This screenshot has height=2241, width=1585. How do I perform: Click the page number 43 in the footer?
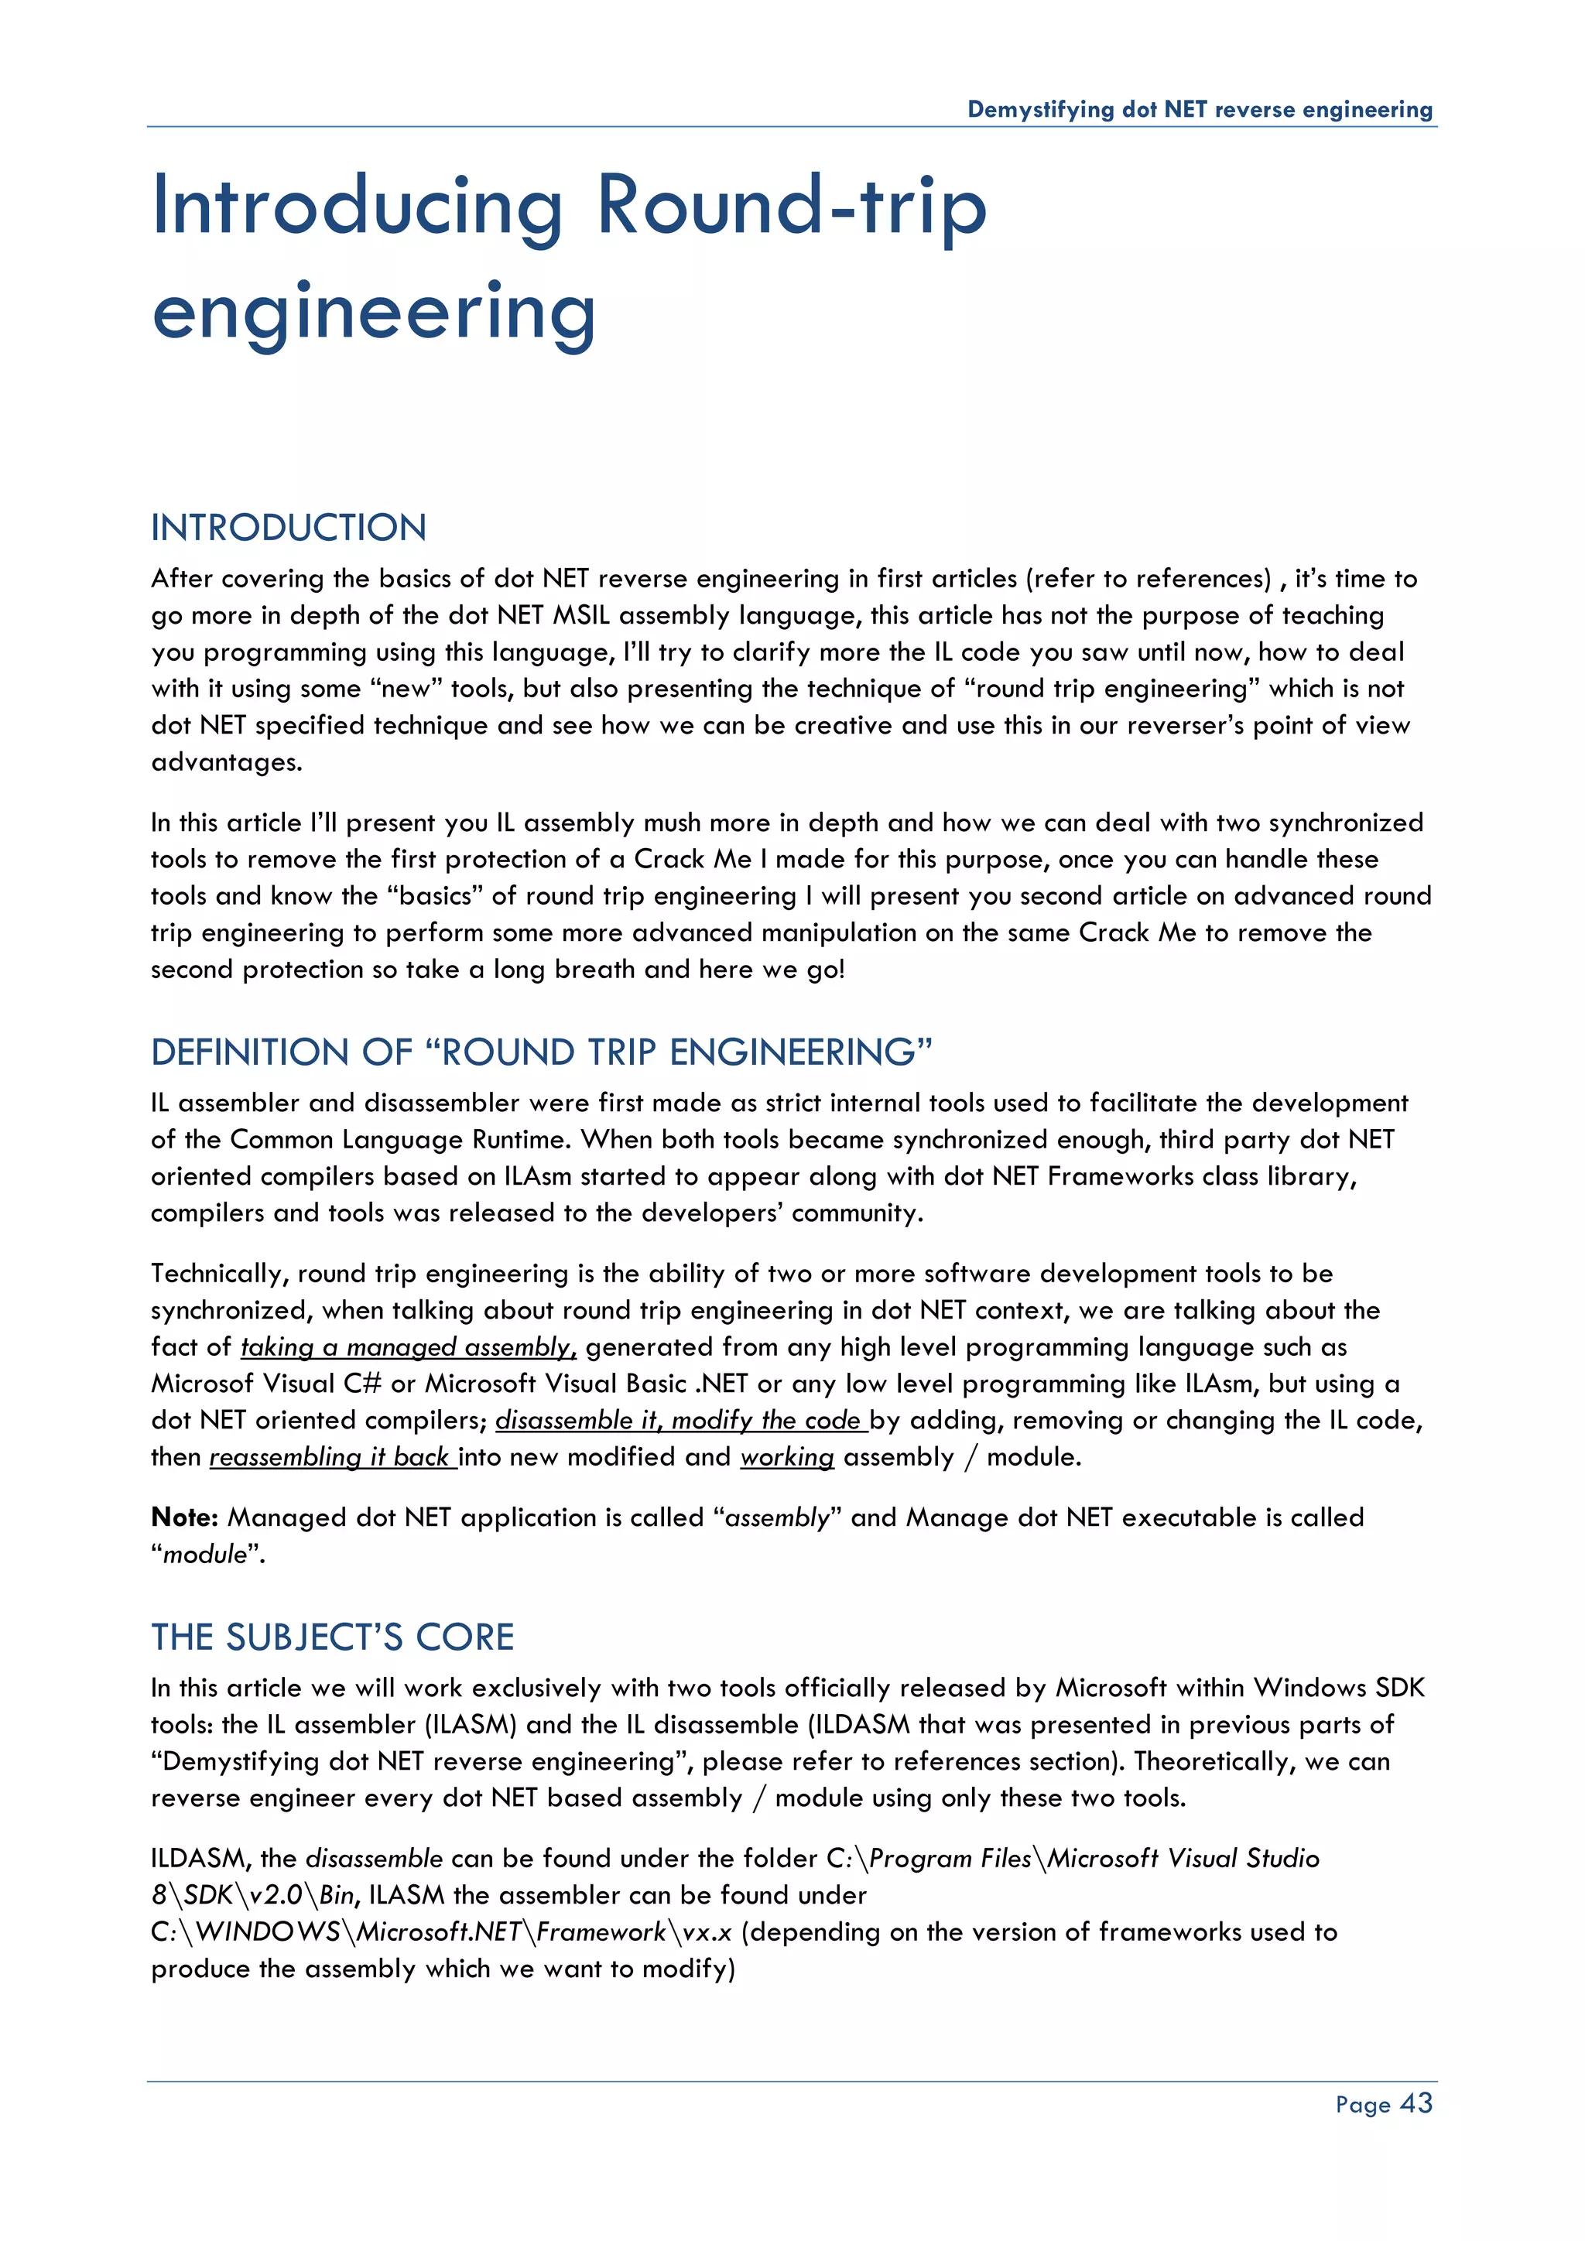(x=1416, y=2102)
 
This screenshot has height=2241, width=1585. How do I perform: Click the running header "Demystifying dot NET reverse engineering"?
(x=1200, y=109)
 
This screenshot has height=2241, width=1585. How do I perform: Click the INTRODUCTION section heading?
(x=289, y=528)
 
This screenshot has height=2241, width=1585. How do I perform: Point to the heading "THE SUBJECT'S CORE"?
(x=332, y=1637)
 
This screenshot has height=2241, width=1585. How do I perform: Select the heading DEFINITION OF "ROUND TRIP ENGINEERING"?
(x=542, y=1052)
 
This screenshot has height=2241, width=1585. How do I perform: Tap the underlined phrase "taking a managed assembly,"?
(x=408, y=1347)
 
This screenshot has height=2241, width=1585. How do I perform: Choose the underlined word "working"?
(x=786, y=1457)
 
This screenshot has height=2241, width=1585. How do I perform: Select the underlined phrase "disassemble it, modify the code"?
(x=680, y=1420)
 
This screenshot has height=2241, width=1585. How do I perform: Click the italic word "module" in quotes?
(x=205, y=1554)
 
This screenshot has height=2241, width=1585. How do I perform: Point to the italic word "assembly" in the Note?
(x=777, y=1517)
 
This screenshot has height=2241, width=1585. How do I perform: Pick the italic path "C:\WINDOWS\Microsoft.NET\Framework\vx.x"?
(x=441, y=1931)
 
